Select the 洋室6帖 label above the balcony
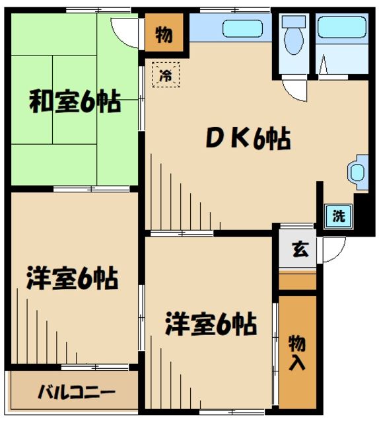click(73, 278)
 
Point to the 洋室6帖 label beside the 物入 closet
click(211, 324)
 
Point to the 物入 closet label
click(298, 352)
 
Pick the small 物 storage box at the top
click(163, 34)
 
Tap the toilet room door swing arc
click(294, 91)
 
